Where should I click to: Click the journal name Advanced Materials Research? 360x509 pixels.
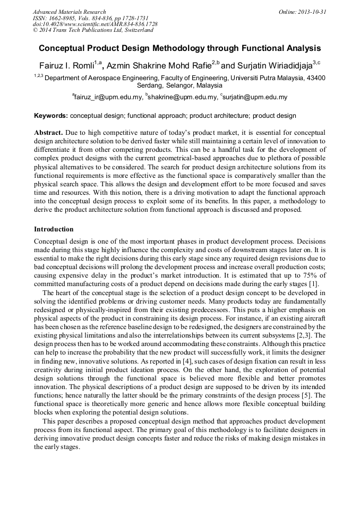tap(69, 12)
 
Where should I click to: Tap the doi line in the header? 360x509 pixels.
tap(95, 24)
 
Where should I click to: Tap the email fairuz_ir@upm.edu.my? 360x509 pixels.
tap(109, 97)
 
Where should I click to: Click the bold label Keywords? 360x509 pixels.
tap(51, 116)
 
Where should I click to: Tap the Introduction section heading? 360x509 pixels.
tap(54, 229)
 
